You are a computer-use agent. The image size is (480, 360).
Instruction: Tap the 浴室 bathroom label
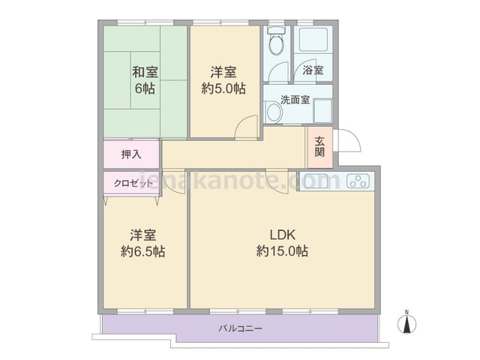tap(313, 70)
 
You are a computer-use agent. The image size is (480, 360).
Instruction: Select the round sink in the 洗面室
tap(274, 112)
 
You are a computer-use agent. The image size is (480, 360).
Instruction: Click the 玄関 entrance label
tap(319, 147)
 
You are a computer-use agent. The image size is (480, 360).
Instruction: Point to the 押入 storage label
tap(131, 154)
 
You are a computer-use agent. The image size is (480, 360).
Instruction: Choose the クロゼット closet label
tap(133, 183)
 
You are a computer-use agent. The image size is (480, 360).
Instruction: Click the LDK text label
tap(282, 235)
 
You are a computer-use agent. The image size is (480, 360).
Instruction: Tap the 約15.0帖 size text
tap(282, 251)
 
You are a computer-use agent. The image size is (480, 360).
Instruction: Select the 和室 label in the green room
tap(145, 72)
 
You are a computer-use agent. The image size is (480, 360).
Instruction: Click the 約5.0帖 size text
tap(223, 88)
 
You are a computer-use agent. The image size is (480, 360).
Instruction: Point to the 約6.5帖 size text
tap(143, 251)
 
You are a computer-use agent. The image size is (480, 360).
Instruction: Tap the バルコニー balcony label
tap(240, 328)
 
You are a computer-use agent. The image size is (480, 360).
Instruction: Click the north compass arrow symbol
tap(406, 323)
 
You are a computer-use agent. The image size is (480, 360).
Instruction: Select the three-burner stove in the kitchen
tap(358, 181)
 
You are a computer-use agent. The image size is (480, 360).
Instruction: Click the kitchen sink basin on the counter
tap(316, 181)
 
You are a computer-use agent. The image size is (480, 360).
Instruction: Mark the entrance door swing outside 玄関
tap(347, 140)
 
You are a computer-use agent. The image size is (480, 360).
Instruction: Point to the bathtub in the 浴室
tap(313, 40)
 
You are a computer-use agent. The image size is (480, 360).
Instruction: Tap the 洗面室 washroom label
tap(295, 100)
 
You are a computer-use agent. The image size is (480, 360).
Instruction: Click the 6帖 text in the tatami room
tap(145, 88)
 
